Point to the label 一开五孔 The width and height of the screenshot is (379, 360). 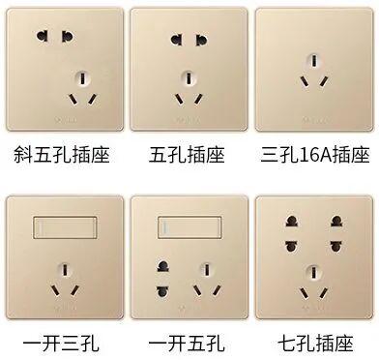pyautogui.click(x=186, y=342)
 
